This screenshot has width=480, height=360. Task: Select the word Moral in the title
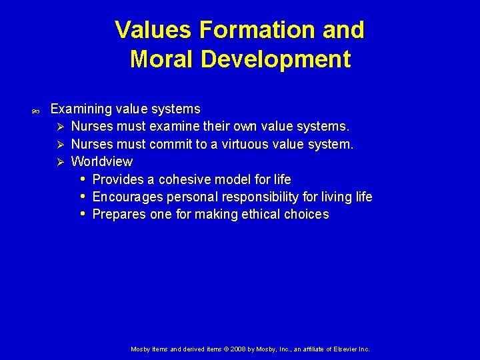(x=162, y=59)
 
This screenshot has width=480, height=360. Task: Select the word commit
(x=173, y=144)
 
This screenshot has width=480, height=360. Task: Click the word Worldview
(x=101, y=161)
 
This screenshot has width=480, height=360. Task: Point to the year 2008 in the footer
(x=239, y=349)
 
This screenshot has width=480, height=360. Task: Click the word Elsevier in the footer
(x=345, y=349)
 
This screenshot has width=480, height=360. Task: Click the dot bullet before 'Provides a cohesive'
(x=82, y=179)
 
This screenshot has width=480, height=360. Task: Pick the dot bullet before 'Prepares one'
(x=82, y=214)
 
